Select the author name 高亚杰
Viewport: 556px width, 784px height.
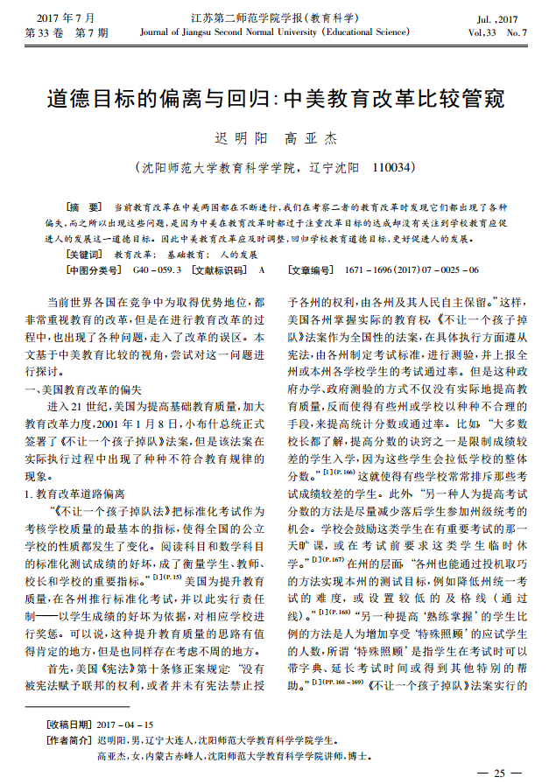(313, 138)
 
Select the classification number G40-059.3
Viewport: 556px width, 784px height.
(158, 269)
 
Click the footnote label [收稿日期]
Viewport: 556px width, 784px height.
(69, 724)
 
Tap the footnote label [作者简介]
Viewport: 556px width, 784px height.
(69, 739)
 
